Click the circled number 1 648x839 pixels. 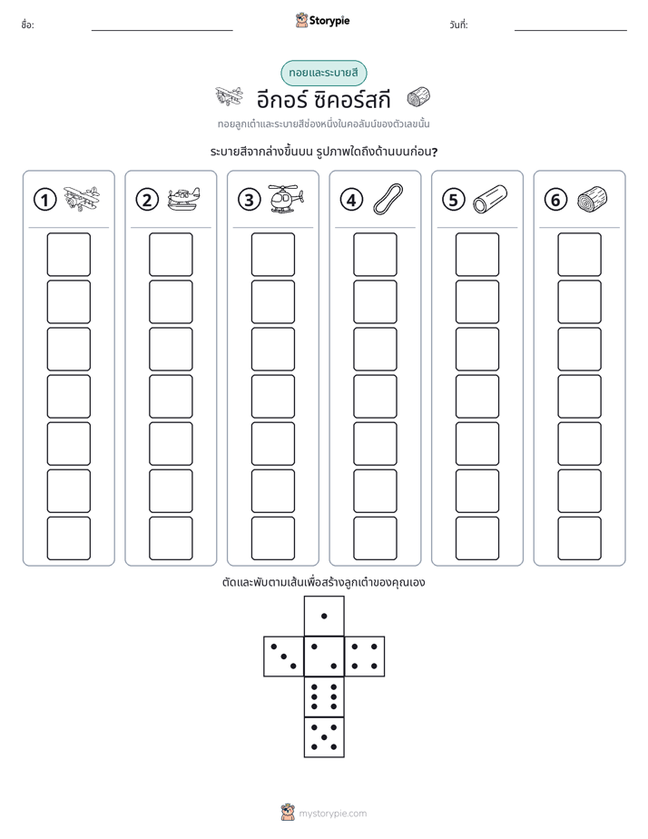click(x=44, y=200)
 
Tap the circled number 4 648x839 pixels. click(x=351, y=200)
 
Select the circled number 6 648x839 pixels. click(x=555, y=200)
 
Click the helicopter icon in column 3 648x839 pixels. click(x=286, y=199)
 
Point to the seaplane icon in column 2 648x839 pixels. click(x=183, y=199)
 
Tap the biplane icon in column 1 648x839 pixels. click(x=82, y=199)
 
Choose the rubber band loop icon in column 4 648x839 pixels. click(x=388, y=199)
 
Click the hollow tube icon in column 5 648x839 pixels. click(x=490, y=199)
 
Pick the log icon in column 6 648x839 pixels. click(x=593, y=199)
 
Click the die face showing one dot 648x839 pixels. click(x=324, y=616)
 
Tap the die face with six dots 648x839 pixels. click(x=324, y=696)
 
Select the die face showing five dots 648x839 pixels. click(x=324, y=737)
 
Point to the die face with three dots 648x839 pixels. click(x=283, y=656)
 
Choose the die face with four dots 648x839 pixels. click(x=365, y=656)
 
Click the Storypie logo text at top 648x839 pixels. click(x=329, y=21)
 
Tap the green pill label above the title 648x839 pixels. click(x=323, y=73)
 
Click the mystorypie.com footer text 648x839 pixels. click(x=332, y=814)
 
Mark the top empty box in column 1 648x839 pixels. click(x=68, y=254)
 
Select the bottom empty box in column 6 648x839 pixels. click(x=579, y=538)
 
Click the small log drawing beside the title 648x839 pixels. click(x=418, y=97)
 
